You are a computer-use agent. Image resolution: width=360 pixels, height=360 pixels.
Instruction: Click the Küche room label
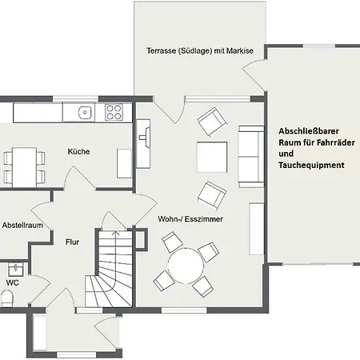78,151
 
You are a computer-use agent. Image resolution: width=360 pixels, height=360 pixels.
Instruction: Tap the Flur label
72,238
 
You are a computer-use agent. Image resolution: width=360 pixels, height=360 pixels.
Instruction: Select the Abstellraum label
22,226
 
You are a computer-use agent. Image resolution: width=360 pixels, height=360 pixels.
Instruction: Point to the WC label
12,282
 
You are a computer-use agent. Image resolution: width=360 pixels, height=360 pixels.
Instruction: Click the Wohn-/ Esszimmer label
190,218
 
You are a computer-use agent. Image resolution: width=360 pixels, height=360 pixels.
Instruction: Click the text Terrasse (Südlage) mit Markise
199,50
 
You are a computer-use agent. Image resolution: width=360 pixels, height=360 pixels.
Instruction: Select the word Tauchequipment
312,165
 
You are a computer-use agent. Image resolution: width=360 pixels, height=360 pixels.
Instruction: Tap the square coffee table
213,156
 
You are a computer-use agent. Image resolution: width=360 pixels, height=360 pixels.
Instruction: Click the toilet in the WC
6,299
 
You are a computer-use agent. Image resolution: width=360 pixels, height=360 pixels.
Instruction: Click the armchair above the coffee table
212,122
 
